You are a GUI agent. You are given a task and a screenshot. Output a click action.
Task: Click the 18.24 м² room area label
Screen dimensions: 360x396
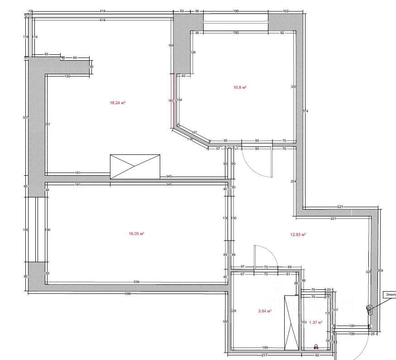click(x=117, y=103)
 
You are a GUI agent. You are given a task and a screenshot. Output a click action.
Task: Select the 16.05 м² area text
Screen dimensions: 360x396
click(x=136, y=234)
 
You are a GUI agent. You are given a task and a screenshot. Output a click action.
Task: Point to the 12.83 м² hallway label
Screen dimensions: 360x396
click(x=298, y=235)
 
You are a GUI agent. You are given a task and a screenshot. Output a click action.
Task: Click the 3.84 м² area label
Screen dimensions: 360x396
click(x=264, y=311)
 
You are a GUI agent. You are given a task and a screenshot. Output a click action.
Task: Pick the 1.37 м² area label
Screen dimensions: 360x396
click(x=315, y=322)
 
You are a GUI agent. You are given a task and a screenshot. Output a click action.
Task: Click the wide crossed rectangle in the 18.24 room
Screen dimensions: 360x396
click(x=135, y=166)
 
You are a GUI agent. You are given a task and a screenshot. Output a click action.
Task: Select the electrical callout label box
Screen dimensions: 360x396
click(x=390, y=295)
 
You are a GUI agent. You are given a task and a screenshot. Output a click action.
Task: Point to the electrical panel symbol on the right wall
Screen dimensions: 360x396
click(x=369, y=309)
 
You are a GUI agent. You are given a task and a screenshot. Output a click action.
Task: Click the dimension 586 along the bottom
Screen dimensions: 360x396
click(x=128, y=294)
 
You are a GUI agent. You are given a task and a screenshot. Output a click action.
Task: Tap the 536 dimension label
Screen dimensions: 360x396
click(x=137, y=282)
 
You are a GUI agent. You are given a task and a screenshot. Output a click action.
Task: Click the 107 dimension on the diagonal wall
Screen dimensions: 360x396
click(x=195, y=133)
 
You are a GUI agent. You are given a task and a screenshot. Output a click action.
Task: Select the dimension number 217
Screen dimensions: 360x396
click(x=264, y=355)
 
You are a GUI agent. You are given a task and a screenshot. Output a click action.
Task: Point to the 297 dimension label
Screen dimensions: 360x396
click(x=48, y=125)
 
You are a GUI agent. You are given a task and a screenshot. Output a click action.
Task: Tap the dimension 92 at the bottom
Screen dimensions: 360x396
click(x=317, y=355)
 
